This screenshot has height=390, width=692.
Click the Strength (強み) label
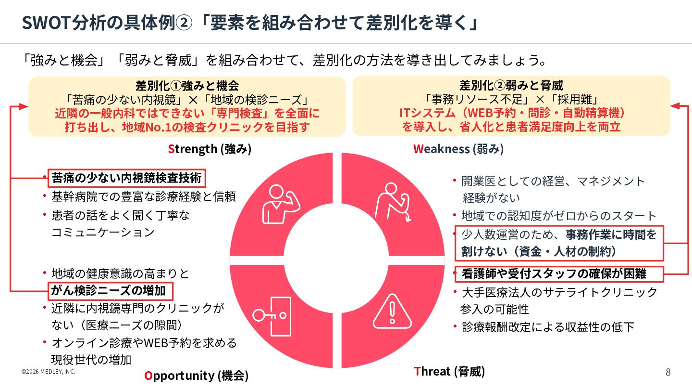coord(210,149)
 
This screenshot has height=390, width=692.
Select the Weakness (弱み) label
coord(458,149)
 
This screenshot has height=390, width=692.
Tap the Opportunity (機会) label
coord(197,375)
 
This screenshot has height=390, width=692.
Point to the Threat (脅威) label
coord(449,371)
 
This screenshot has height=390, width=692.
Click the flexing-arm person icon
coord(280,204)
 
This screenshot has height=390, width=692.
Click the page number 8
coord(668,372)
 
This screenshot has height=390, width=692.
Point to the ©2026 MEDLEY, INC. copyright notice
coord(48,372)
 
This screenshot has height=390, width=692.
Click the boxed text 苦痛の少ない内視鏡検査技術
coord(127,178)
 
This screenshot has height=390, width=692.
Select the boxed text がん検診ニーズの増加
coord(110,291)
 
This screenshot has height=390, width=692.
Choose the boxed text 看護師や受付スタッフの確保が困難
coord(554,273)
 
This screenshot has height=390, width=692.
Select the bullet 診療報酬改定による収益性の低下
coord(548,327)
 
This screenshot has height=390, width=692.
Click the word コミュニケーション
coord(103,232)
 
